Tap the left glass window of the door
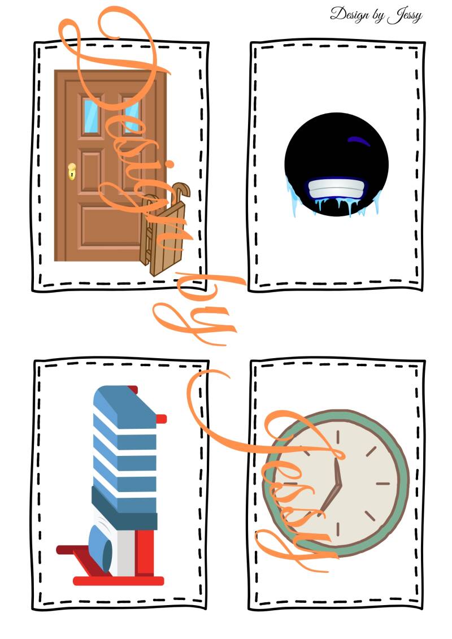[x=90, y=115]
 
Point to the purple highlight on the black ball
[x=355, y=140]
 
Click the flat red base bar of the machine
[x=119, y=580]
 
